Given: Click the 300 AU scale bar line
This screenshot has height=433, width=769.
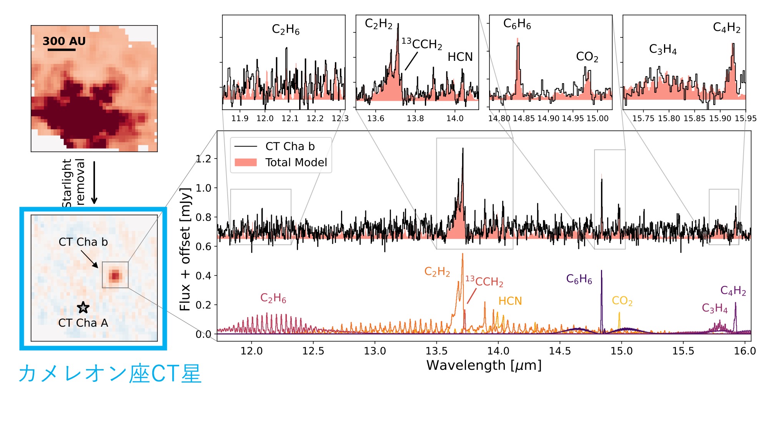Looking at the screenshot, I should (62, 50).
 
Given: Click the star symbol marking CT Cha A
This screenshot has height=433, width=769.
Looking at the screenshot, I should (83, 308).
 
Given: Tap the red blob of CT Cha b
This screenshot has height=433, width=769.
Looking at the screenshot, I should (115, 276).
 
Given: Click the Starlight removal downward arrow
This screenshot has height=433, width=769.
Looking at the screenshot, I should (94, 182).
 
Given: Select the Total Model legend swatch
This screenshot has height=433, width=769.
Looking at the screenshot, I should (245, 162).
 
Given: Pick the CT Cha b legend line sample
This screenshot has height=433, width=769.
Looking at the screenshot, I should (245, 147).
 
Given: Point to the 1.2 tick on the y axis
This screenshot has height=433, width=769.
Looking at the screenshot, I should (204, 159).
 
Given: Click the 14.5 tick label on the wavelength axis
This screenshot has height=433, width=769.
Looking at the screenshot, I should (560, 351).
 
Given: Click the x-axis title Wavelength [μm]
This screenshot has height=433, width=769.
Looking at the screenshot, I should (484, 365).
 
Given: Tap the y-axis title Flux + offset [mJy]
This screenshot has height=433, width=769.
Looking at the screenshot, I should (185, 249).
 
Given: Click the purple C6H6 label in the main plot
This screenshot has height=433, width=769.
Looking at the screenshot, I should (579, 279).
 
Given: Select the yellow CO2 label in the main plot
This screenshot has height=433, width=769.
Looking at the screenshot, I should (622, 301).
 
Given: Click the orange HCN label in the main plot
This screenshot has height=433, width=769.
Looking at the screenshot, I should (510, 301).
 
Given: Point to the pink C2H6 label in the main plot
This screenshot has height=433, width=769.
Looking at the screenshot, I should (273, 298).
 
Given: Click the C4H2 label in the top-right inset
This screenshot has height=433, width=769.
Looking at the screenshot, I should (726, 27).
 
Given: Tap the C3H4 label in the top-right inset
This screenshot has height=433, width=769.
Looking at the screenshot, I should (662, 49).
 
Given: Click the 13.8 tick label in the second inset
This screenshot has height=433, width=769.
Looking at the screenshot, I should (415, 119).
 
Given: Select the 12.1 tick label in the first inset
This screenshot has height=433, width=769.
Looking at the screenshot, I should (290, 119).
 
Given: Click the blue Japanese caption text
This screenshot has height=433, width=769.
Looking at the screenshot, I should (110, 374).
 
